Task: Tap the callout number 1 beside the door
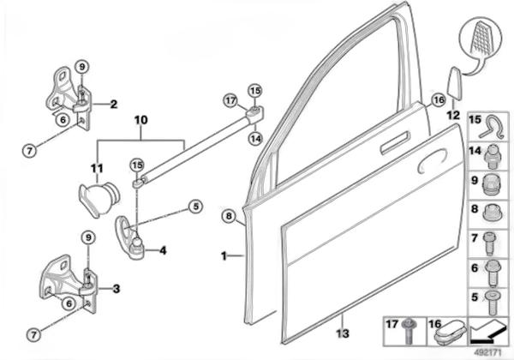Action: click(x=224, y=255)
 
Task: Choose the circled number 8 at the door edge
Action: click(x=229, y=216)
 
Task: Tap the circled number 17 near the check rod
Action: click(x=230, y=100)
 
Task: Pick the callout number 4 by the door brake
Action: click(x=163, y=250)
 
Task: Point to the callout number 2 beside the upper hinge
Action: click(x=113, y=104)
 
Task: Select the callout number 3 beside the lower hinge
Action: click(x=116, y=288)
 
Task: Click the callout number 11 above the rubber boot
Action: click(x=98, y=168)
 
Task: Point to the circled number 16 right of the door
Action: click(x=437, y=99)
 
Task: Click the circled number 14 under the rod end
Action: click(x=255, y=137)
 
